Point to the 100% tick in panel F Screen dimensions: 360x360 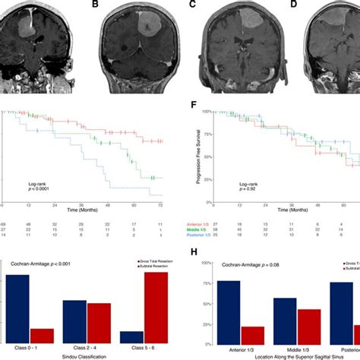(209, 112)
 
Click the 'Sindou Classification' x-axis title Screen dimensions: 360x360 (86, 355)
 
